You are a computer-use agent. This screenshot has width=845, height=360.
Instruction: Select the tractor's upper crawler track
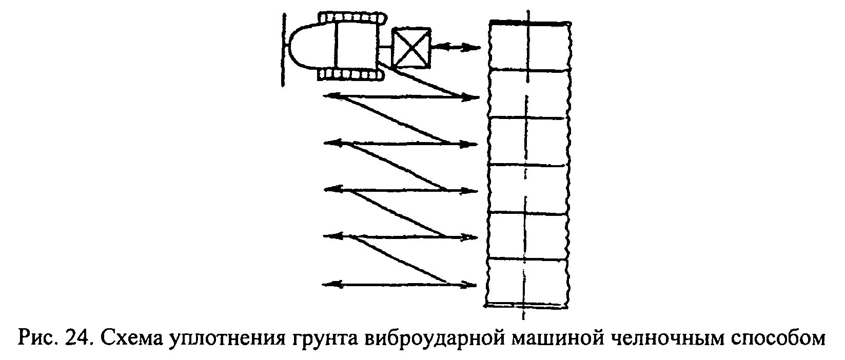click(352, 18)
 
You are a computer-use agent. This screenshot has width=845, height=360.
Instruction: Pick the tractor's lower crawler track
click(352, 75)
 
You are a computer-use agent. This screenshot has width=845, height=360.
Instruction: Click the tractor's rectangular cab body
click(356, 46)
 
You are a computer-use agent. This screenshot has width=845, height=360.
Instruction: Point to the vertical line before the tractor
click(283, 49)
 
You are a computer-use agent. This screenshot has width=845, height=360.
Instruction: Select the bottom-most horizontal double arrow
click(401, 284)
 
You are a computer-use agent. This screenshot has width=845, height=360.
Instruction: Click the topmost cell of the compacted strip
click(528, 46)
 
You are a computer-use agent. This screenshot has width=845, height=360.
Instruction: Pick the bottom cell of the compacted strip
click(528, 282)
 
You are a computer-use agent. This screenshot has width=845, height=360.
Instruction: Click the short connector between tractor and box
click(385, 47)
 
